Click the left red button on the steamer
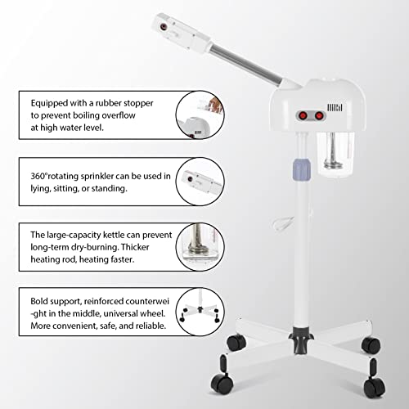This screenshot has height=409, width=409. click(x=303, y=116)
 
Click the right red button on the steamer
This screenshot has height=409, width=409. click(x=319, y=116)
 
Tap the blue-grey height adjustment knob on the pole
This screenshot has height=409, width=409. click(x=302, y=170)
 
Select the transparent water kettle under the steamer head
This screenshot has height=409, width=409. click(x=335, y=154)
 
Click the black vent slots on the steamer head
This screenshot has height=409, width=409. click(x=335, y=107)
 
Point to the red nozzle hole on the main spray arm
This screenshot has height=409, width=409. click(x=164, y=27)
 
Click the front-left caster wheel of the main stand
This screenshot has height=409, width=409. click(x=222, y=384)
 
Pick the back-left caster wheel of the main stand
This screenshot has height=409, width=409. click(x=236, y=342)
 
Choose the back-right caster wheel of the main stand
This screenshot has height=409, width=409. click(x=371, y=345)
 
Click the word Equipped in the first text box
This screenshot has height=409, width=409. click(x=49, y=103)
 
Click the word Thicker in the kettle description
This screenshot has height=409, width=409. click(x=135, y=247)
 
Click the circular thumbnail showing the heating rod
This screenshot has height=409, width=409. click(x=200, y=247)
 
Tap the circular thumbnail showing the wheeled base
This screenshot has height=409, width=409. click(x=200, y=312)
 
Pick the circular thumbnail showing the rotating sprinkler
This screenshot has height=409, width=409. click(x=200, y=182)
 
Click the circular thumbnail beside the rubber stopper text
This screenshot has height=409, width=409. click(x=200, y=115)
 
